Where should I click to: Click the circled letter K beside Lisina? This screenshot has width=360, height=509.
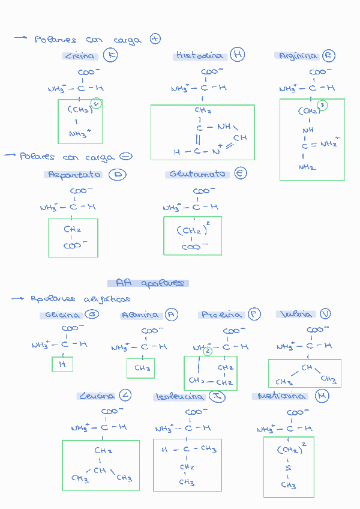point(110,56)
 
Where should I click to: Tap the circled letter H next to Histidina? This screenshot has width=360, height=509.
point(238,55)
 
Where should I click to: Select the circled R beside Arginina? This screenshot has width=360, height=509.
point(328,56)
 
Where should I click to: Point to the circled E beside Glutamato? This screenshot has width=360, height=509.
point(240,173)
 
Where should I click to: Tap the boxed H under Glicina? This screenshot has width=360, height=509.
point(62,364)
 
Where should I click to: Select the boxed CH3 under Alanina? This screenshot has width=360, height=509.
point(142,368)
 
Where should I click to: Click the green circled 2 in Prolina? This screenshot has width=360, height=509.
point(208,351)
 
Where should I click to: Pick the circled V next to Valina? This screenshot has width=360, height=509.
point(325,314)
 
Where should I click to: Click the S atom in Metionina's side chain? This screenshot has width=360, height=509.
point(288,468)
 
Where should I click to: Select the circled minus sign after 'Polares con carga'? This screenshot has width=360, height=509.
point(126,156)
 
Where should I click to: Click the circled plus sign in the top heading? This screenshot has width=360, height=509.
point(155,39)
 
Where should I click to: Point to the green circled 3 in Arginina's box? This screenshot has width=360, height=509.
point(322,105)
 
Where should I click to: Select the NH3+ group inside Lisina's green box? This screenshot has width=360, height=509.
point(80,134)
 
